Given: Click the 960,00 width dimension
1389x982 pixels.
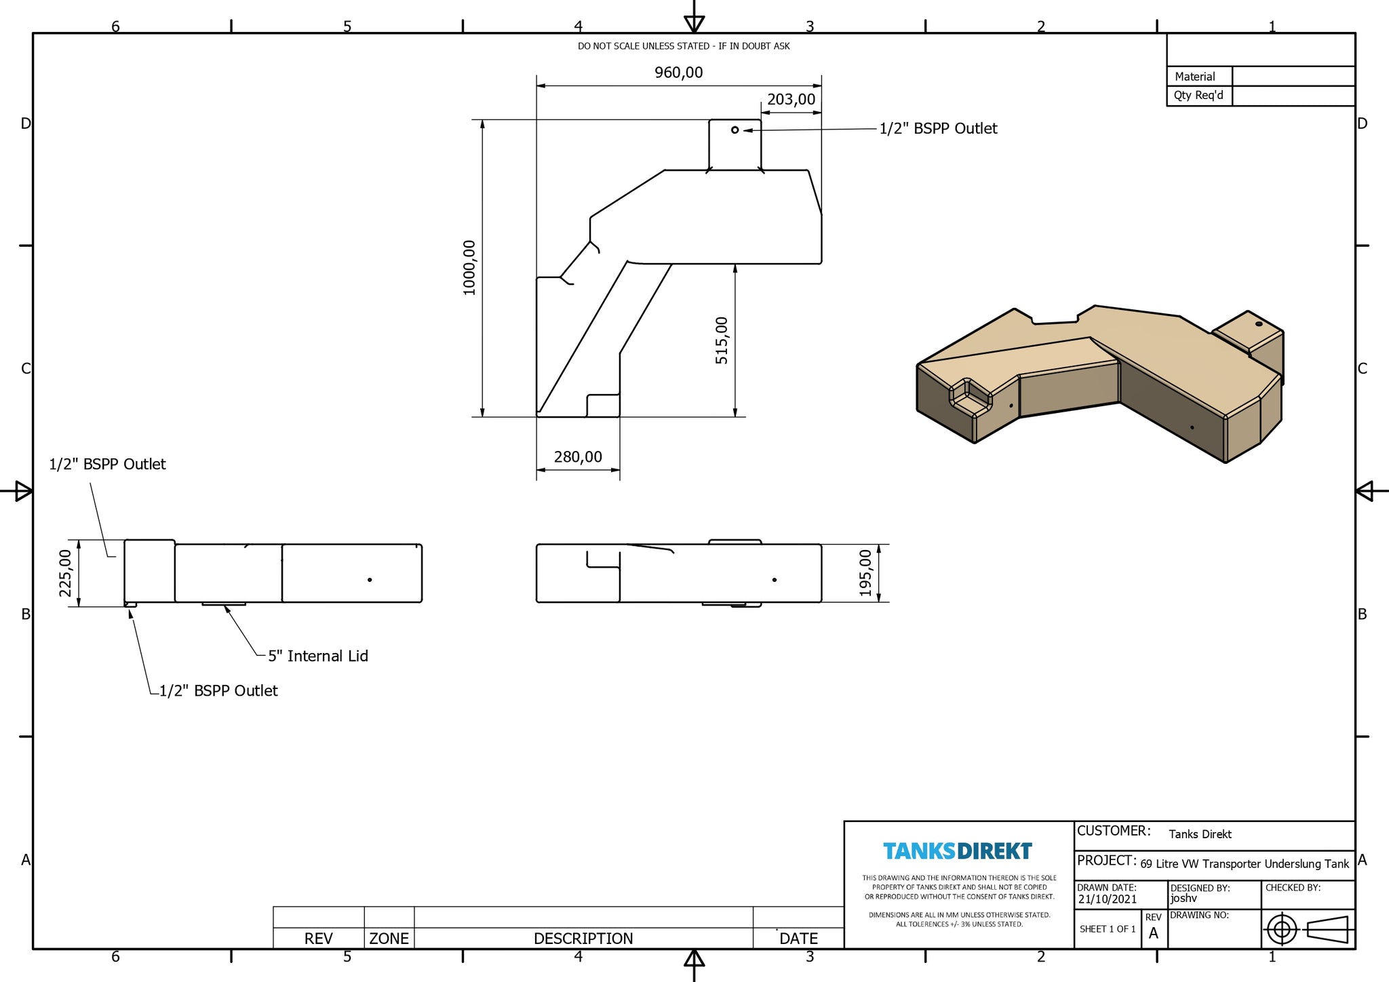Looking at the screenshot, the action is pos(678,73).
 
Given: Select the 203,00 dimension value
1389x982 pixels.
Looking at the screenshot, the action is pos(791,100).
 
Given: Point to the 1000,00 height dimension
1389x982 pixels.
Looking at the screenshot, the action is pos(469,268).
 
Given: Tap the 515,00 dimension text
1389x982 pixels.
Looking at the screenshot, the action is pos(722,340).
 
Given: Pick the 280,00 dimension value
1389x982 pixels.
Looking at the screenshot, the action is pos(578,457).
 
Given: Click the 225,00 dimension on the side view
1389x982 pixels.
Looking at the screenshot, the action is pos(65,573).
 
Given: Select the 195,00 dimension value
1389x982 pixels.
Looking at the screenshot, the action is pos(865,573).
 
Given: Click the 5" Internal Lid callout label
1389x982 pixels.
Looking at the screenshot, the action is pos(318,656).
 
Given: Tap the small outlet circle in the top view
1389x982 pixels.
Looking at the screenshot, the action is pos(735,130).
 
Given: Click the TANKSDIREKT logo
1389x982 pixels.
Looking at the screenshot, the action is pos(958,851).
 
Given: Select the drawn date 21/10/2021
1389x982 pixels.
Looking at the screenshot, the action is pos(1108,899).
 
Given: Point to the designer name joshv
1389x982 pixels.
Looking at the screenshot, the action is pos(1183,899).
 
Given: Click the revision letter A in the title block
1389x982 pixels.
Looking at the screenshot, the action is pos(1154,934).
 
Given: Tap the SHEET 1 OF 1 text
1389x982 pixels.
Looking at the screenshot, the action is pos(1108,929).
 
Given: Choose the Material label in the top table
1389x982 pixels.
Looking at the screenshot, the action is pos(1195,77).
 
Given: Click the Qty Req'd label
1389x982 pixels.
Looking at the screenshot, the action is pos(1198,95).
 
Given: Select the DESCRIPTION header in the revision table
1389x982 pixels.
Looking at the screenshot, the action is pos(583,939).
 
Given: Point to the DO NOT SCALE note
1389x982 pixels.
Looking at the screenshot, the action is pos(684,46).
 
